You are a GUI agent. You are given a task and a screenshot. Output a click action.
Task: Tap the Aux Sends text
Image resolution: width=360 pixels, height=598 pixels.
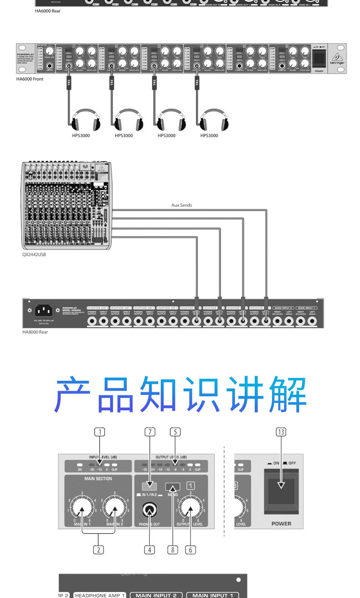(181, 205)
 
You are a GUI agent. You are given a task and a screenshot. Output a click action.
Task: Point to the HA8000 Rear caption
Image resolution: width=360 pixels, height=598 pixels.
(35, 332)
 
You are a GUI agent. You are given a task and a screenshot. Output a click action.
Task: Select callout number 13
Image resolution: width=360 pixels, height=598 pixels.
(281, 432)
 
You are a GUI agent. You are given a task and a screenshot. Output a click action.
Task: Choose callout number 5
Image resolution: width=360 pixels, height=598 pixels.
(175, 431)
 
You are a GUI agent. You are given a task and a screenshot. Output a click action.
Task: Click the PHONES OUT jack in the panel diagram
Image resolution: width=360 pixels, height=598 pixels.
(149, 510)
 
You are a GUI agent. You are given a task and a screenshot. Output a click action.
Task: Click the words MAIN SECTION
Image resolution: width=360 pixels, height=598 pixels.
(98, 479)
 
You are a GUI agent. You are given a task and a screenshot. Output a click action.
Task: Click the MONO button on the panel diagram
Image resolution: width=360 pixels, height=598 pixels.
(173, 486)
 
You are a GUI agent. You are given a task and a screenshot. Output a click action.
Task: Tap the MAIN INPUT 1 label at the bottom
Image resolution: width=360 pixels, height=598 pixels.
(212, 595)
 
